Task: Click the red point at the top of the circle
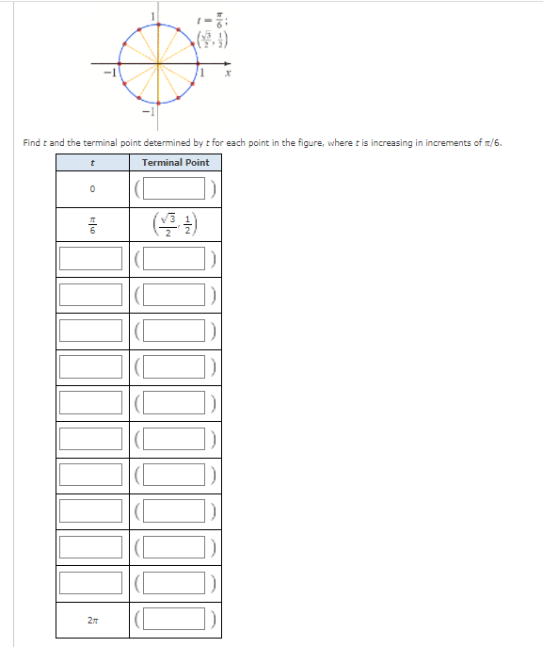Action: [156, 23]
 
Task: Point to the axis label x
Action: [228, 73]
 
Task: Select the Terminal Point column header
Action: [175, 163]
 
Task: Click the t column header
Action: [92, 163]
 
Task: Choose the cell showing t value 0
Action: [92, 189]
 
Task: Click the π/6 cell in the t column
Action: [92, 226]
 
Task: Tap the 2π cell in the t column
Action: [92, 619]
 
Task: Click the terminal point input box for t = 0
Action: [175, 189]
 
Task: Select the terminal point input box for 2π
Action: [175, 619]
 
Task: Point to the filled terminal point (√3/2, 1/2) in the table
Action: [175, 226]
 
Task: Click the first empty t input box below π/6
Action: [92, 258]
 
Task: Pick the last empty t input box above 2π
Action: [92, 583]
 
